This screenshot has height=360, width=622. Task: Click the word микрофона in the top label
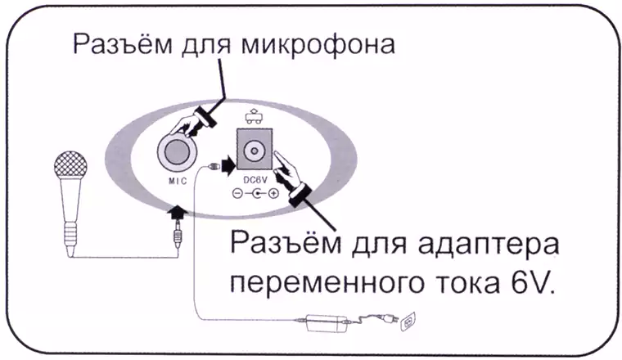(x=318, y=44)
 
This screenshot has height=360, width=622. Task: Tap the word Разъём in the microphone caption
(x=123, y=43)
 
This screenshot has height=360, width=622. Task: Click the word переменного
(x=326, y=283)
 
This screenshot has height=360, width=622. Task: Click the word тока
(x=467, y=283)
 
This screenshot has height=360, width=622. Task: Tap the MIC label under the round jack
(x=178, y=181)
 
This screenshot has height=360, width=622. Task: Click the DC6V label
(x=255, y=180)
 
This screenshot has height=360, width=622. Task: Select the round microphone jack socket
(x=177, y=152)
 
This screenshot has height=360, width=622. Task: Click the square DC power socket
(x=255, y=149)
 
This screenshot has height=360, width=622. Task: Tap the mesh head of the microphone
(x=70, y=166)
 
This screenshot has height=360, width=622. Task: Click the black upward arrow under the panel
(x=177, y=211)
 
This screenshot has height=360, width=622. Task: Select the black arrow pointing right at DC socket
(x=228, y=165)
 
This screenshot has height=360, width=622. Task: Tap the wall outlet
(x=408, y=322)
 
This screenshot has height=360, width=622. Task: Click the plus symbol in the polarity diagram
(x=273, y=193)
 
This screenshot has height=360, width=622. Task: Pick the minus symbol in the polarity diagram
(x=237, y=193)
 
